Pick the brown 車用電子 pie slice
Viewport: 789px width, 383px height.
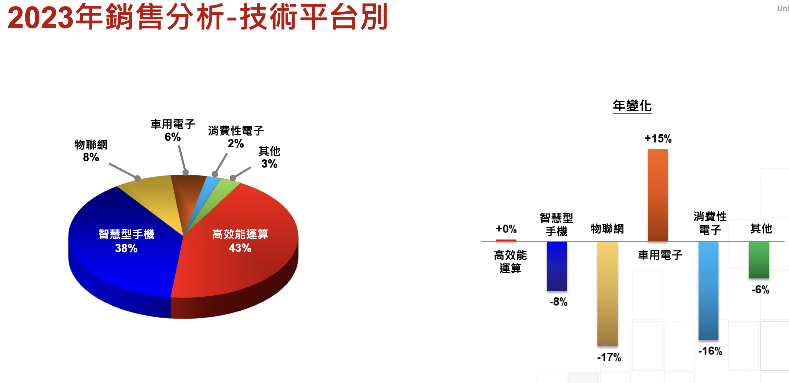tap(187, 195)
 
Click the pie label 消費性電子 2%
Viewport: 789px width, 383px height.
tap(236, 137)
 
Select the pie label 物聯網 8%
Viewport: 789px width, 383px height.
tap(91, 151)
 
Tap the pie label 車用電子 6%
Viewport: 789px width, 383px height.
tap(173, 131)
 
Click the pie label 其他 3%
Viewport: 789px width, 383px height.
tap(269, 157)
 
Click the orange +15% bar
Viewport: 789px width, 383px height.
tap(658, 195)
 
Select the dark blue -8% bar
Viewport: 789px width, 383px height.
tap(557, 266)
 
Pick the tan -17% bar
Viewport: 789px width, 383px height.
tap(607, 294)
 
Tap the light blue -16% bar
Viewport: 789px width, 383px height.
tap(708, 291)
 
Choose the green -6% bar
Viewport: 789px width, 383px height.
tap(759, 260)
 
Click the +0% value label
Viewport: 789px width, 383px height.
tap(506, 229)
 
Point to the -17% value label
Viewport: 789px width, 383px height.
tap(609, 357)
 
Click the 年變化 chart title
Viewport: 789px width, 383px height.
tap(632, 106)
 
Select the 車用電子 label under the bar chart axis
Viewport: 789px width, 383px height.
tap(660, 255)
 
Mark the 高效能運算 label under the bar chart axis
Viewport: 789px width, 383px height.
tap(510, 261)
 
